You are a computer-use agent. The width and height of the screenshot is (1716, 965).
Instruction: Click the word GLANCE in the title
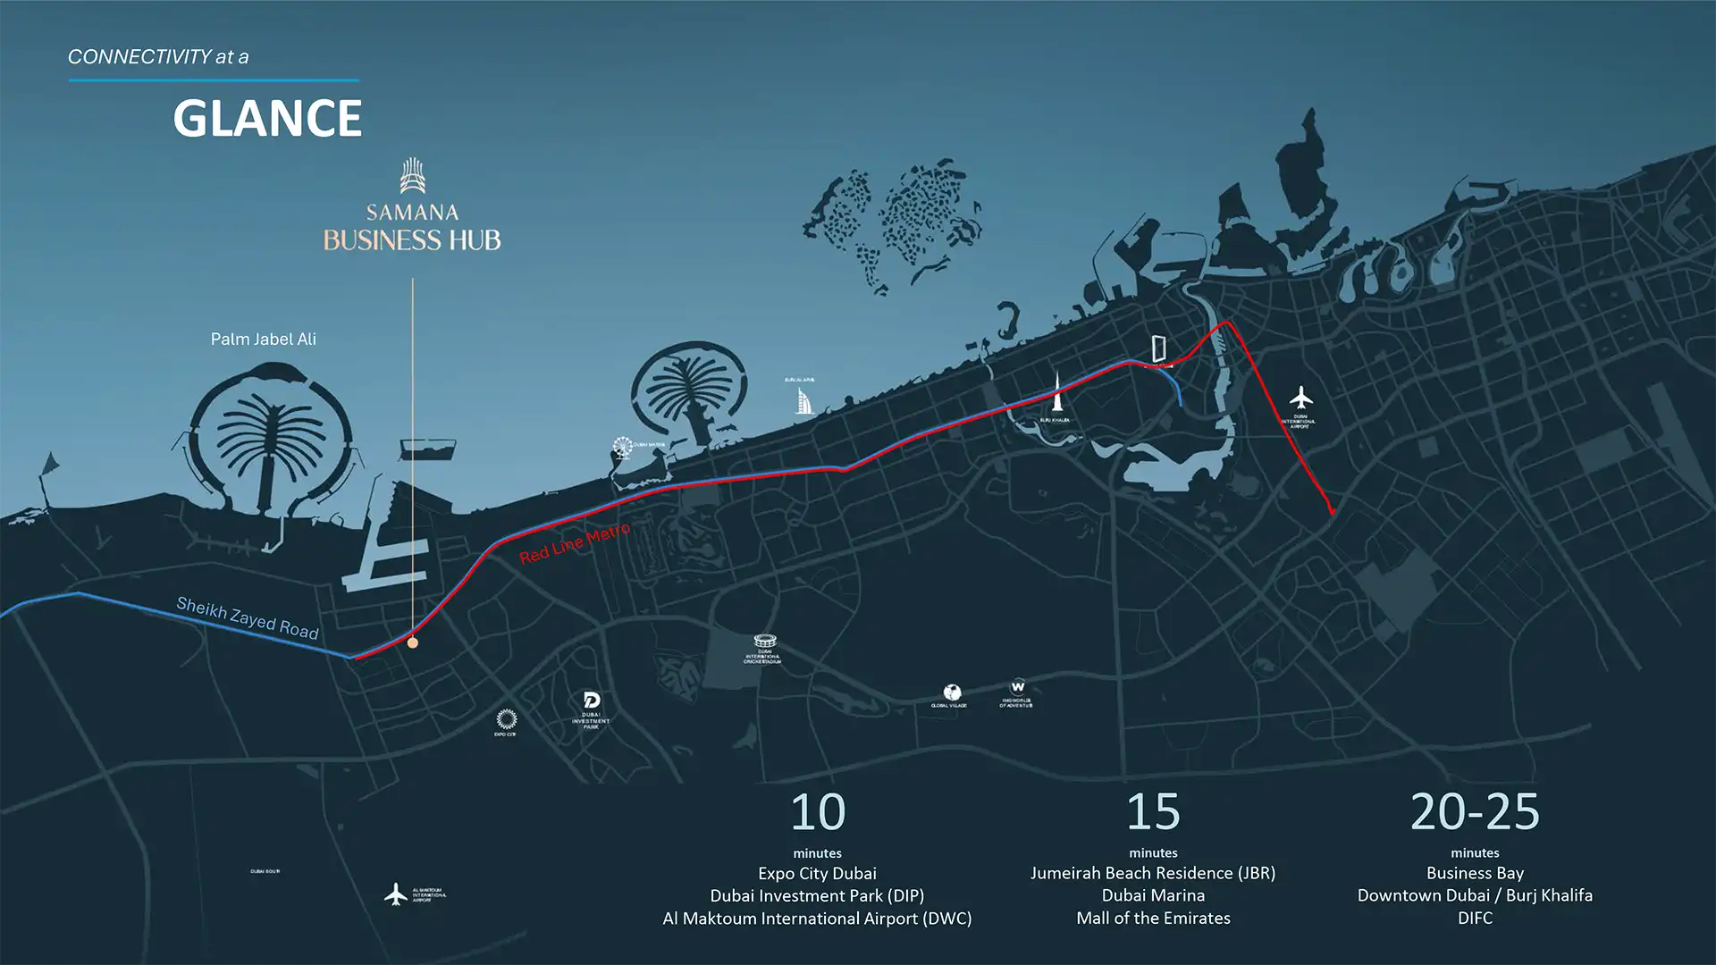tap(267, 118)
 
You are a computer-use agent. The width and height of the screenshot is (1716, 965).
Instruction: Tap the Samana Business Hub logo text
tap(412, 227)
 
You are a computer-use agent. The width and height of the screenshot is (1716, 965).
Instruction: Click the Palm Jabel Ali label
tap(263, 339)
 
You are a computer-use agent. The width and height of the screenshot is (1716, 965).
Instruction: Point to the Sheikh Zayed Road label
tap(248, 617)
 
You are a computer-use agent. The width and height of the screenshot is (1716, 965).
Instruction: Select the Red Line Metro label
tap(575, 543)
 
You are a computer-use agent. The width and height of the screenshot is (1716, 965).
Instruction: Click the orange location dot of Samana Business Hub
tap(412, 642)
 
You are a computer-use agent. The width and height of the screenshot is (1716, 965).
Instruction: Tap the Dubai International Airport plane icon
tap(1301, 397)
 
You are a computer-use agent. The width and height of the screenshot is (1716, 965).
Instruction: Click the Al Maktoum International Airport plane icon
tap(395, 893)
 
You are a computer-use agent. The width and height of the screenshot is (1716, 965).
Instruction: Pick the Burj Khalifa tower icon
tap(1056, 393)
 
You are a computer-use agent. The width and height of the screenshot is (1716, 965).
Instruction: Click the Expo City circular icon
tap(506, 719)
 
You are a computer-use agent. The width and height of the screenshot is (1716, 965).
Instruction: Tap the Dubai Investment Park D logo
tap(591, 700)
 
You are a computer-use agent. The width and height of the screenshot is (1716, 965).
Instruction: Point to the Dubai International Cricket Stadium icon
tap(764, 642)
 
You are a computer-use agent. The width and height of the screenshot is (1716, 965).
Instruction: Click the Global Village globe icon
tap(952, 692)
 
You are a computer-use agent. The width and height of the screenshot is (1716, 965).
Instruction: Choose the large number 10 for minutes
tap(817, 812)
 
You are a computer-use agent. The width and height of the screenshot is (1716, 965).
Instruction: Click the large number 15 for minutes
tap(1153, 812)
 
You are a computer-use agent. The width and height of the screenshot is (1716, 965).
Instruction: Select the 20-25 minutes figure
tap(1475, 812)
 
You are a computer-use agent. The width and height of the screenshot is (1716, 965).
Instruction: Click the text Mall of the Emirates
tap(1153, 918)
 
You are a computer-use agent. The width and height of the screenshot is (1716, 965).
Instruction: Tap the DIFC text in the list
tap(1475, 918)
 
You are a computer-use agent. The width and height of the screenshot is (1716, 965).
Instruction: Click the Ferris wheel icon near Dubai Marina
tap(622, 446)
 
